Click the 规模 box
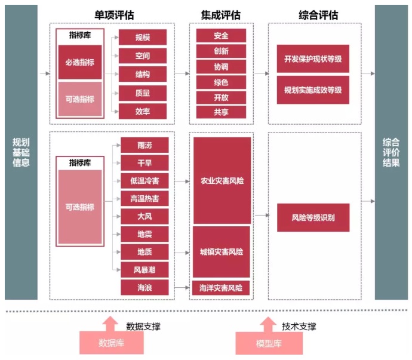pyautogui.click(x=143, y=37)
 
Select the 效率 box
pyautogui.click(x=143, y=111)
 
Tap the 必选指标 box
pyautogui.click(x=79, y=62)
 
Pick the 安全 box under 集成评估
pyautogui.click(x=221, y=36)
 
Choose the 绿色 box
pyautogui.click(x=221, y=82)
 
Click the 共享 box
pyautogui.click(x=221, y=112)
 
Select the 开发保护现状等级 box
pyautogui.click(x=313, y=59)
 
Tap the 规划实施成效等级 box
pyautogui.click(x=313, y=90)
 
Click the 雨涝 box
pyautogui.click(x=144, y=145)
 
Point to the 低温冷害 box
pyautogui.click(x=144, y=180)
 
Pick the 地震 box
pyautogui.click(x=144, y=233)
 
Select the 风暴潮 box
pyautogui.click(x=144, y=269)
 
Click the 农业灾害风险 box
pyautogui.click(x=222, y=180)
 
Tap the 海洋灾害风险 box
pyautogui.click(x=221, y=288)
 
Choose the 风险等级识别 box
pyautogui.click(x=313, y=217)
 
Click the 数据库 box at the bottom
pyautogui.click(x=110, y=343)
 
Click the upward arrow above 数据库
pyautogui.click(x=110, y=323)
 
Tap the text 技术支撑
pyautogui.click(x=299, y=327)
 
